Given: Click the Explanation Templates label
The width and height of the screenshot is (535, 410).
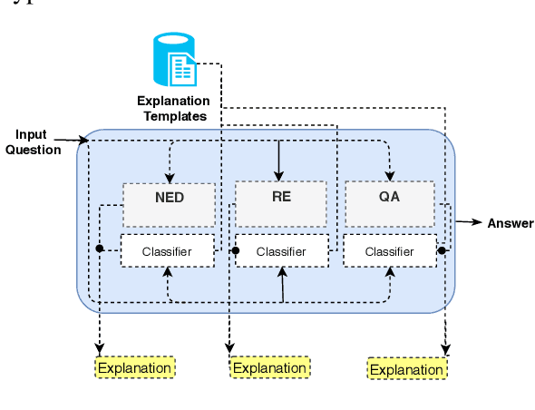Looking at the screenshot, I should click(x=173, y=108).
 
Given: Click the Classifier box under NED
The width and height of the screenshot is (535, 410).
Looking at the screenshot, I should click(x=168, y=251).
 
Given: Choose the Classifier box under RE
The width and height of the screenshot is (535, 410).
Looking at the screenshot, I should click(x=281, y=251).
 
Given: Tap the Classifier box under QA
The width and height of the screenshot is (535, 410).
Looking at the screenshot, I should click(x=390, y=251).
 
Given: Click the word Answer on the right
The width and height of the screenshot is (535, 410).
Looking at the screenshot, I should click(x=511, y=223).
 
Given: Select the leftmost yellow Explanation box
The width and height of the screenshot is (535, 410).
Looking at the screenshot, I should click(x=134, y=367).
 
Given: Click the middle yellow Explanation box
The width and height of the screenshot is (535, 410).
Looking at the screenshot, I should click(x=270, y=367).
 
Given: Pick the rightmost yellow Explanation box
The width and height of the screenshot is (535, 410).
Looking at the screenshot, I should click(x=406, y=369).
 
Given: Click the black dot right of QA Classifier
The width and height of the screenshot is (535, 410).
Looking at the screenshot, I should click(x=442, y=249).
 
